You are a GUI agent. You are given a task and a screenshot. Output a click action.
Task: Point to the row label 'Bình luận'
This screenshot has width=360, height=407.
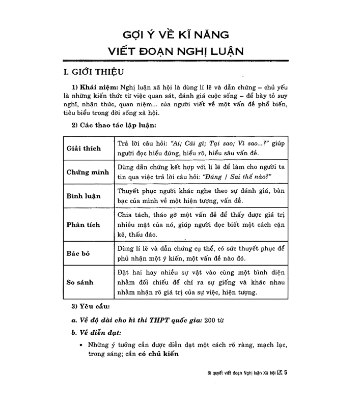point(84,196)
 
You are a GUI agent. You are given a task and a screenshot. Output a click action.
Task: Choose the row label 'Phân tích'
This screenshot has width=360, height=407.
point(83,224)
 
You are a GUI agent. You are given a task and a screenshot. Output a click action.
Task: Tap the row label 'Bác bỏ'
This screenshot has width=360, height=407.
point(78,253)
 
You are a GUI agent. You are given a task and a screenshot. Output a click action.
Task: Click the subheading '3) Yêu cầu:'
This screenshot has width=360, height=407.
point(88,307)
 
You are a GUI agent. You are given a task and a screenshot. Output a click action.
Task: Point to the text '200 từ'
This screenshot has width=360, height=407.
point(214,320)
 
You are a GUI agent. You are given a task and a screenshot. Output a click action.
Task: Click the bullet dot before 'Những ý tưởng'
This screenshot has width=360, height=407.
point(81,345)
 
